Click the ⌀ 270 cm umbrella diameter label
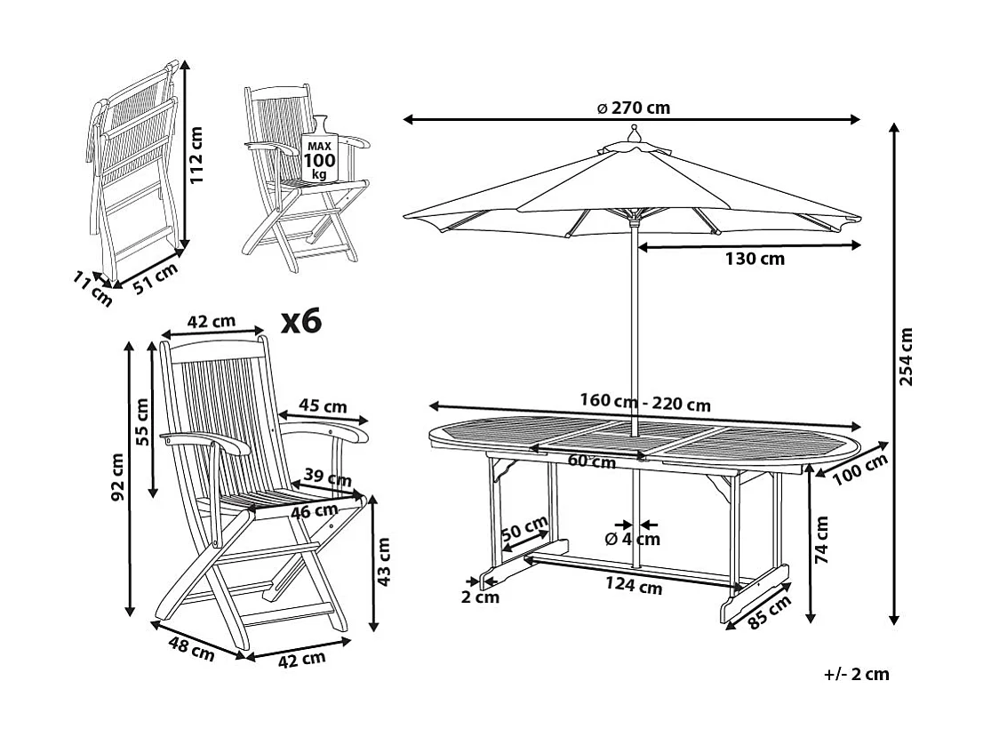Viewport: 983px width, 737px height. pos(633,108)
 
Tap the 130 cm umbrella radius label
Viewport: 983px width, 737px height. pos(754,259)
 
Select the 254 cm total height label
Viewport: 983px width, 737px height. pos(906,357)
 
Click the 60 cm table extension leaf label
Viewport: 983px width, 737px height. pos(591,461)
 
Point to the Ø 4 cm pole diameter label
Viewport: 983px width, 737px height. pos(632,539)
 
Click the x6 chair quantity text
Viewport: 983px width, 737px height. pos(300,321)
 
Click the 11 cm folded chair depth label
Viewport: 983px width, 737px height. pos(93,291)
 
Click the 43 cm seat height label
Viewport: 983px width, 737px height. pos(384,562)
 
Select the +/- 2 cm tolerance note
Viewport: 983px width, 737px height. pos(856,674)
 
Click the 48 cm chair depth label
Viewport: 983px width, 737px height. pos(190,647)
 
